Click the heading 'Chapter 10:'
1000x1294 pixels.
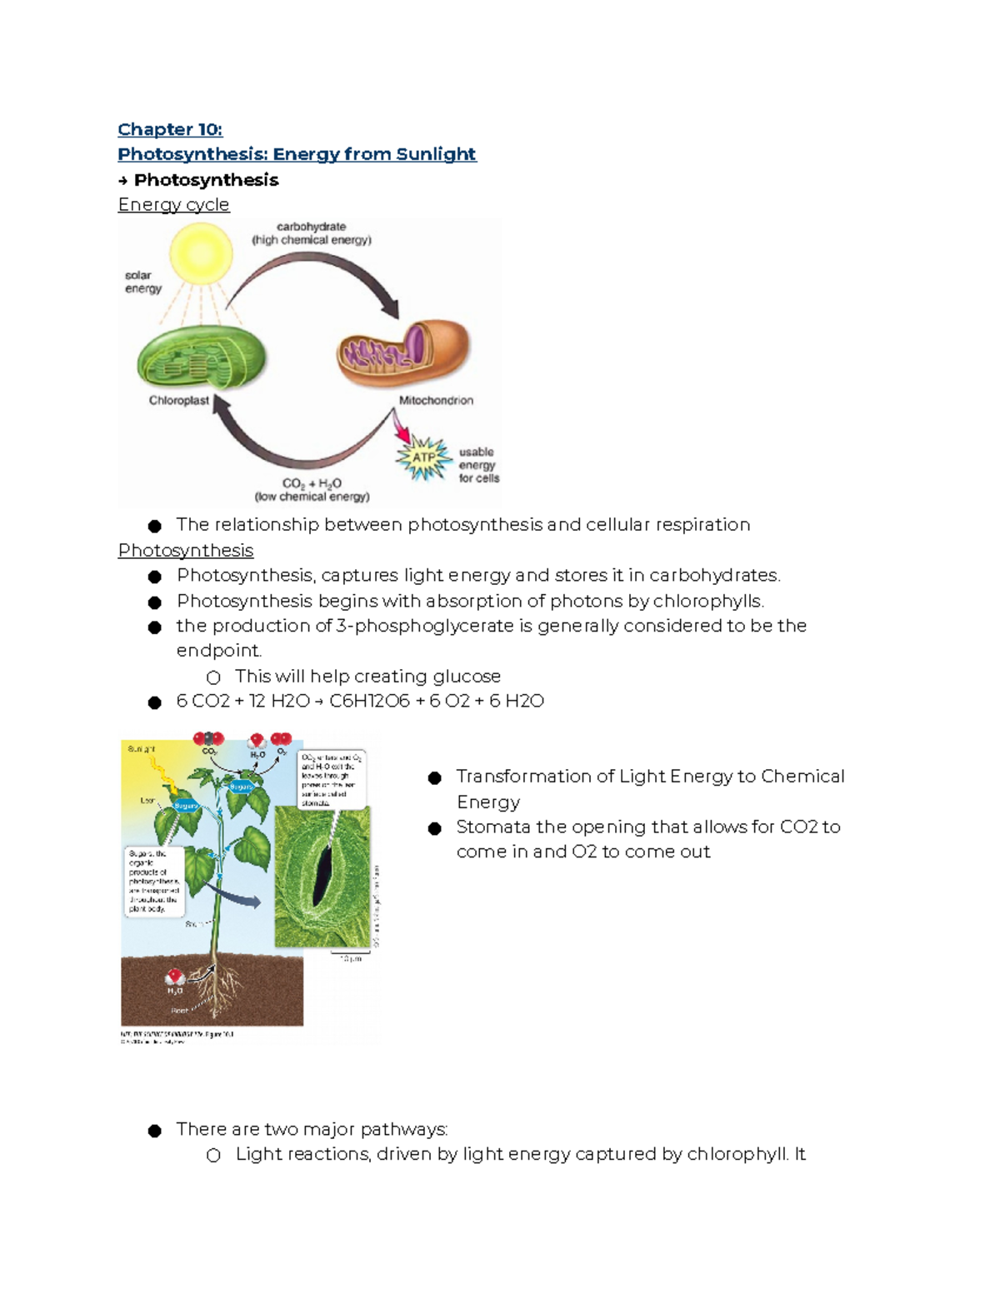(170, 129)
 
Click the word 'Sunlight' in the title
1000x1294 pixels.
(436, 154)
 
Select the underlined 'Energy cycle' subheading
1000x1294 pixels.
(173, 205)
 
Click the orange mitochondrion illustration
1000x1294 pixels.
(403, 353)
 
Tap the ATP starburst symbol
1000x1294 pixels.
(424, 458)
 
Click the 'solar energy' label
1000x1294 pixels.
(142, 282)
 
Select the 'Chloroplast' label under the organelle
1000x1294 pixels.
(178, 401)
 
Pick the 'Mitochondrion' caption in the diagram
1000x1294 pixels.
(436, 401)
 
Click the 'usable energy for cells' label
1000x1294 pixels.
(478, 465)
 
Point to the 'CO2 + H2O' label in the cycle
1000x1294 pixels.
(312, 483)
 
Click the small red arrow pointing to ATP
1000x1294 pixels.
(402, 430)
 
